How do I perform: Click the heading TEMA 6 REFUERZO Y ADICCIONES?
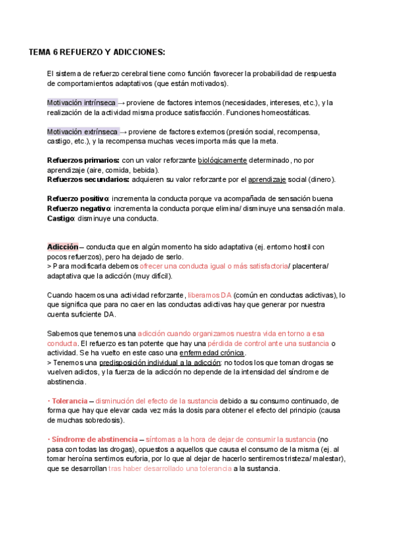point(97,52)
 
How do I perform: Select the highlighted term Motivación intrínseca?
point(81,103)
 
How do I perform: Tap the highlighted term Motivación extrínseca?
point(83,131)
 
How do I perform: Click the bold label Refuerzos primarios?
point(83,160)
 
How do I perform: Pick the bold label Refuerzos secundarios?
point(88,179)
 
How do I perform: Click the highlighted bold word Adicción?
point(62,247)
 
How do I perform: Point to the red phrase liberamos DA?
point(209,295)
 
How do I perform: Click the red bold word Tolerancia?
point(69,401)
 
